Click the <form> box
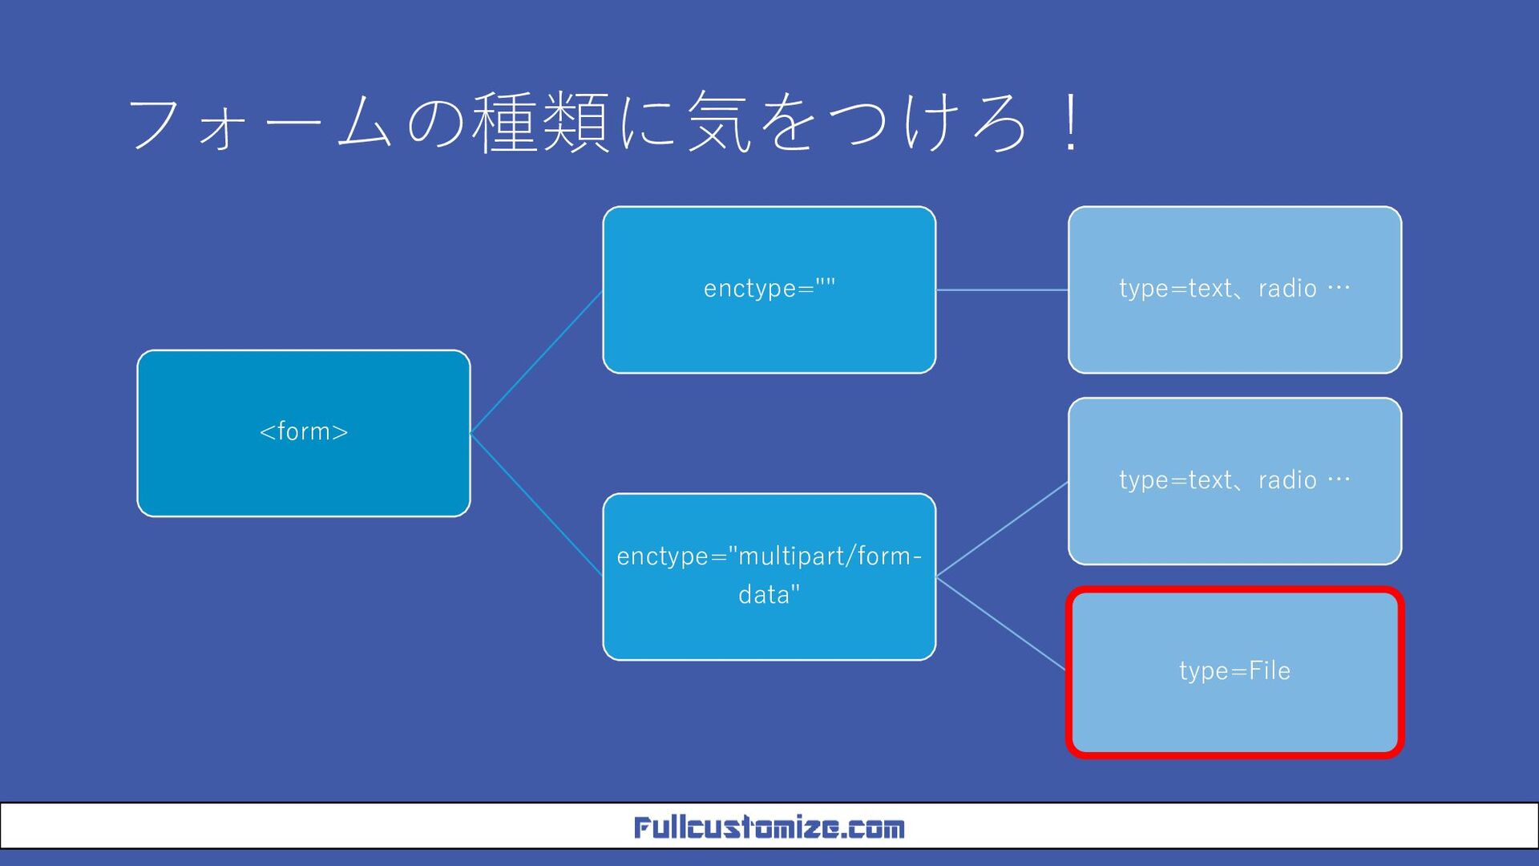[303, 433]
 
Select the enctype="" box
[769, 289]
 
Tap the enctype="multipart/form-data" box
[769, 577]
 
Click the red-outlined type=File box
[1234, 672]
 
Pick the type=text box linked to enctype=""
[1234, 289]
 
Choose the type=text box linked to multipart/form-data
[1234, 481]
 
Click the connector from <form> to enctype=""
[536, 362]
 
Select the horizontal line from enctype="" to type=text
[1002, 289]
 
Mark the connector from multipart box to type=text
[1002, 529]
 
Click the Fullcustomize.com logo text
[769, 827]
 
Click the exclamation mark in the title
[1070, 124]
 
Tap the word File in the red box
[1269, 670]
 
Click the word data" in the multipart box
[769, 595]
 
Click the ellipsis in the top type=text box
[1339, 288]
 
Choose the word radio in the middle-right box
[1287, 480]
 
